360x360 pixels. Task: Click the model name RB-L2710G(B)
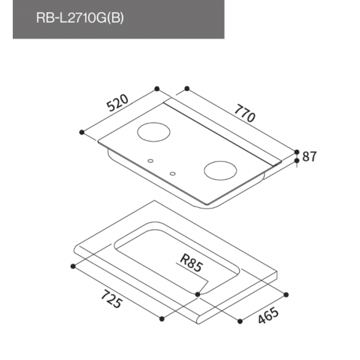click(80, 17)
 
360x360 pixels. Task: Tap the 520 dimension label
click(117, 103)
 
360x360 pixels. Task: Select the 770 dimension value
click(245, 113)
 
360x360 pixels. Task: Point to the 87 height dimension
click(309, 156)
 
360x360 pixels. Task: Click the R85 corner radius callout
click(191, 264)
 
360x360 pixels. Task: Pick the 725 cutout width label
click(111, 298)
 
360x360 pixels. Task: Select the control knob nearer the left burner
click(150, 161)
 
